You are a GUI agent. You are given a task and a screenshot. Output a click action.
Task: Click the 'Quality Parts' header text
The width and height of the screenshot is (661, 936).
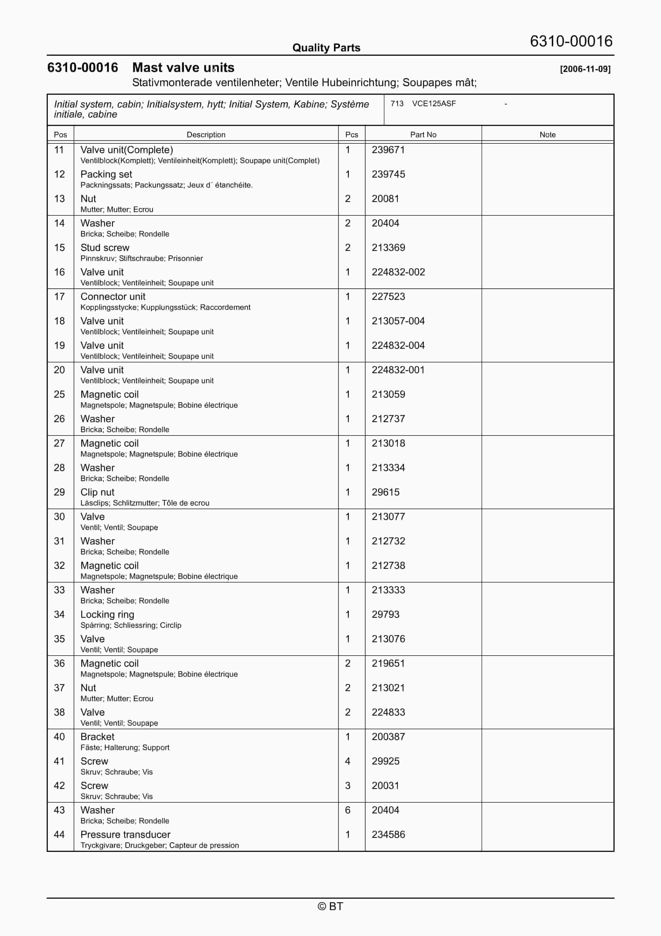click(326, 48)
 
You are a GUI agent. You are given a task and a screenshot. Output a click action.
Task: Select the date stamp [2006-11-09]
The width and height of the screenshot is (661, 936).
click(585, 69)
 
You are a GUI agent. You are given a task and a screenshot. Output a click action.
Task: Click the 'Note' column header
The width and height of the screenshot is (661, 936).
click(547, 135)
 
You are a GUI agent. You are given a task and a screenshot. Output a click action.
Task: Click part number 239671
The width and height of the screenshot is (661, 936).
click(388, 150)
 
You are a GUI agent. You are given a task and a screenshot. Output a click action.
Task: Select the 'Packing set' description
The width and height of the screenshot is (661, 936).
click(106, 175)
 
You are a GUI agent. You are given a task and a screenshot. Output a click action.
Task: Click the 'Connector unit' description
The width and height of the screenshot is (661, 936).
click(112, 297)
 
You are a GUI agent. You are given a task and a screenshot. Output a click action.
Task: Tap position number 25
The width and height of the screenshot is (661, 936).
click(59, 395)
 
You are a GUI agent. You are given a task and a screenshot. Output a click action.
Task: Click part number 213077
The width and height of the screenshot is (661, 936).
click(388, 517)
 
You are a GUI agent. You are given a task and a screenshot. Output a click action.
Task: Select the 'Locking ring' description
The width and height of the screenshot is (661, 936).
click(107, 615)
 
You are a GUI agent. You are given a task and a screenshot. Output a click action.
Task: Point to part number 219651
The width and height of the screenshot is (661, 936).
click(388, 664)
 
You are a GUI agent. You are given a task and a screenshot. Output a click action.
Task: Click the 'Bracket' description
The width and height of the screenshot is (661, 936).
click(97, 737)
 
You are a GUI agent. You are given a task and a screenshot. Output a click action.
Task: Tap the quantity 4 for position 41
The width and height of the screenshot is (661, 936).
click(348, 761)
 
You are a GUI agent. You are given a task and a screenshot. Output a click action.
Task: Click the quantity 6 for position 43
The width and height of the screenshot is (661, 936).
click(348, 810)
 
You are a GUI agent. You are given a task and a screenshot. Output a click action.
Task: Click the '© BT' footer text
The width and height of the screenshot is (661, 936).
click(330, 907)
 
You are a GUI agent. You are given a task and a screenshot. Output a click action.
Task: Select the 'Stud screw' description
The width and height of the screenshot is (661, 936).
click(105, 248)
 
